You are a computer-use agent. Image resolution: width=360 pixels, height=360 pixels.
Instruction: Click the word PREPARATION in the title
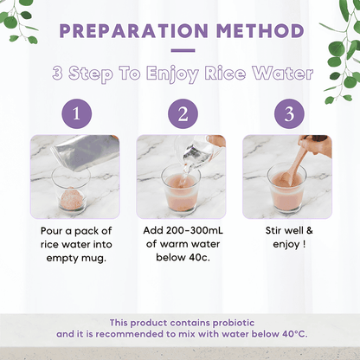click(133, 30)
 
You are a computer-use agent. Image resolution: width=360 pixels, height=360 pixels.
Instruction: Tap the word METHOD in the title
click(260, 30)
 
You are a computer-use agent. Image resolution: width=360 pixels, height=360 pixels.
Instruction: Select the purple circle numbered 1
click(77, 113)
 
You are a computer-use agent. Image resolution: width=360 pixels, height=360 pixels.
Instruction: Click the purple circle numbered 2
click(183, 113)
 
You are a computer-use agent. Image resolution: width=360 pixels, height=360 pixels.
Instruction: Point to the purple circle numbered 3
click(289, 113)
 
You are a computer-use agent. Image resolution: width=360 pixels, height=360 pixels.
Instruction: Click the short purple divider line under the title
click(183, 50)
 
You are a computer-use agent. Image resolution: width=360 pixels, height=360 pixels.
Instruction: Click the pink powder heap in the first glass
click(71, 198)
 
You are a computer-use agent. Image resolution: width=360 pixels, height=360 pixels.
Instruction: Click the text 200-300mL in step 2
click(195, 230)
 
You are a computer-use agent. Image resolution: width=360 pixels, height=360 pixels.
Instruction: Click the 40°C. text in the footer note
click(295, 334)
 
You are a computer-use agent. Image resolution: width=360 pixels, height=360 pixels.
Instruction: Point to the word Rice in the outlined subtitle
click(225, 73)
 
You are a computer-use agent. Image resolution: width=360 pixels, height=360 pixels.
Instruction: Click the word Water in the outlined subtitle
click(283, 73)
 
